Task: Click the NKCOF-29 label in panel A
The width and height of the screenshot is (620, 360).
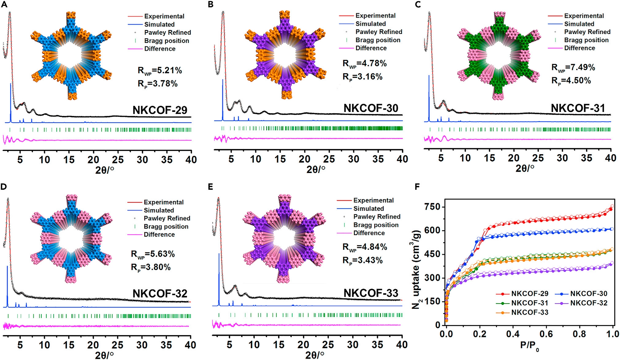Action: (160, 110)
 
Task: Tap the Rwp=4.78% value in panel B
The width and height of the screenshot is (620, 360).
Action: (365, 64)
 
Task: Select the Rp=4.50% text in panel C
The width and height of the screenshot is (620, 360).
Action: (571, 81)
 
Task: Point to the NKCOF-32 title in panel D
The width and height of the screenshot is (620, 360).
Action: (160, 293)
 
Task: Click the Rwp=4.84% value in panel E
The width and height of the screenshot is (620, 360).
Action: (365, 247)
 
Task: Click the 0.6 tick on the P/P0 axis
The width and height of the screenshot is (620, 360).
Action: (546, 334)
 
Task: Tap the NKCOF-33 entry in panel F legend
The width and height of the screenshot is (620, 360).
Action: (530, 312)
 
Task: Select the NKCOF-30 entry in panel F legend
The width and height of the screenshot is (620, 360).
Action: (588, 294)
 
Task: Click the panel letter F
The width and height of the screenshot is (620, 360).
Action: (417, 187)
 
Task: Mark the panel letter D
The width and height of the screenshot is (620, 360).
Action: (3, 187)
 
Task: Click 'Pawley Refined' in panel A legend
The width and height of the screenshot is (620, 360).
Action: (167, 33)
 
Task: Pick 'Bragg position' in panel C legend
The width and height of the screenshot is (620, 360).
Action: (586, 40)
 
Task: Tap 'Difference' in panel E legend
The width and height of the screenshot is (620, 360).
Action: (369, 233)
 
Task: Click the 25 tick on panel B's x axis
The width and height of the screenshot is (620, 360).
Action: (329, 159)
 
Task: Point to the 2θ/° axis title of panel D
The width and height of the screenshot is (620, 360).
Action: (104, 355)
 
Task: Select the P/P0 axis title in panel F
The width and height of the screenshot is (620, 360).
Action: (530, 346)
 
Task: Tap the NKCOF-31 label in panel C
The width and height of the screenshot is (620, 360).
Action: (578, 108)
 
